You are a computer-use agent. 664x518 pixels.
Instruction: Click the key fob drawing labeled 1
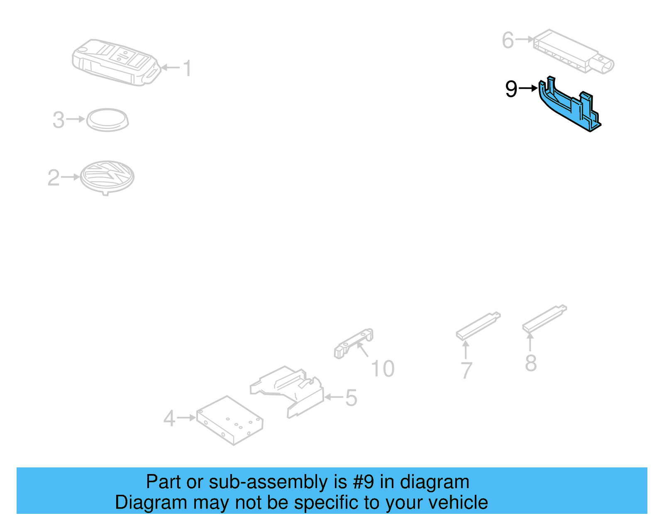pyautogui.click(x=115, y=62)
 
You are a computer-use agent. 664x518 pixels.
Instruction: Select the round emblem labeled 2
pyautogui.click(x=107, y=177)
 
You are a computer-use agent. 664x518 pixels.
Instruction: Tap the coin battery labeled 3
pyautogui.click(x=107, y=120)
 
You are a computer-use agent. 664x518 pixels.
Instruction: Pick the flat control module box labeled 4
pyautogui.click(x=229, y=420)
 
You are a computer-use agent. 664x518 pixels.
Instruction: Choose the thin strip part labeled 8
pyautogui.click(x=544, y=319)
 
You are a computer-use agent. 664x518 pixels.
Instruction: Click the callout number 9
pyautogui.click(x=511, y=89)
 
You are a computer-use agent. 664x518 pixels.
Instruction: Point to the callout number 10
pyautogui.click(x=382, y=369)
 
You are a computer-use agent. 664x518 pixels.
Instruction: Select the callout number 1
pyautogui.click(x=188, y=68)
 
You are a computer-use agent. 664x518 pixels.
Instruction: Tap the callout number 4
pyautogui.click(x=169, y=418)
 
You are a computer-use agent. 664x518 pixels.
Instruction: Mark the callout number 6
pyautogui.click(x=508, y=40)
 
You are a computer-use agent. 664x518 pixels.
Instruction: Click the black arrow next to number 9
pyautogui.click(x=528, y=88)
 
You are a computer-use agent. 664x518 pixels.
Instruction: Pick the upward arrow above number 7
pyautogui.click(x=466, y=349)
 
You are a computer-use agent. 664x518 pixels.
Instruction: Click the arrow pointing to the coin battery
pyautogui.click(x=76, y=119)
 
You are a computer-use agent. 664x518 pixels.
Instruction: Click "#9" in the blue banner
pyautogui.click(x=363, y=482)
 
